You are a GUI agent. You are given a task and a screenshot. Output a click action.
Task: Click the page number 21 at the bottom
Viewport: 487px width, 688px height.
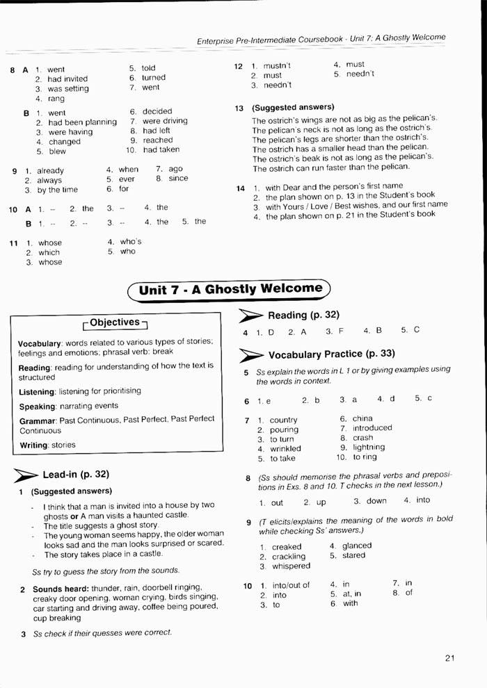pos(449,659)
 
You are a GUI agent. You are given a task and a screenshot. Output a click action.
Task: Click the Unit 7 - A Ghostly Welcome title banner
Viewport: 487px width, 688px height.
pos(230,289)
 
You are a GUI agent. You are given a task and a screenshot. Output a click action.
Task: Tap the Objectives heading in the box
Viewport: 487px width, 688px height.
pos(115,322)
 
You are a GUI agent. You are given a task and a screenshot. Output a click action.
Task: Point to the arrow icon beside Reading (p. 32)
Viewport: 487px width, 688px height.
pos(250,316)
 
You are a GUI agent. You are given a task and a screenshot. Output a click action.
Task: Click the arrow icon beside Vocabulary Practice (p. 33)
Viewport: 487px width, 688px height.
pos(250,355)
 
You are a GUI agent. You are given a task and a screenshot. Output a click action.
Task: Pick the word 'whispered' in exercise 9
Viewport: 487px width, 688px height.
pos(291,566)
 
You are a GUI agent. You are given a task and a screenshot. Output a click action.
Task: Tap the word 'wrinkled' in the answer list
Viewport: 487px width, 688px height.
pos(286,449)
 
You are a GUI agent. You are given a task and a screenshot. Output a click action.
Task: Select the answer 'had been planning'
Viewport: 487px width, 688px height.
pos(82,122)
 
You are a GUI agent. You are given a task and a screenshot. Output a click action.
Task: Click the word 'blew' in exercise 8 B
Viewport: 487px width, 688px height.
pos(57,151)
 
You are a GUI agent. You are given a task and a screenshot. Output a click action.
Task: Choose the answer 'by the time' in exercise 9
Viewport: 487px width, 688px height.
pos(58,190)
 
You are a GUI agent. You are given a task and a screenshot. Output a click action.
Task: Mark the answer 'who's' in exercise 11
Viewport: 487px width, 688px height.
pos(131,242)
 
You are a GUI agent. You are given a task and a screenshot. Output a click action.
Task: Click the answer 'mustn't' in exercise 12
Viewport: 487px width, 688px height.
pos(276,65)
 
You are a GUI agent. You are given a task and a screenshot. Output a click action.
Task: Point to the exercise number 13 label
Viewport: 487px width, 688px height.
pos(239,108)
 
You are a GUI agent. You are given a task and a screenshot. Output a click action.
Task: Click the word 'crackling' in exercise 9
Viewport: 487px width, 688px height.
pos(289,557)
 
